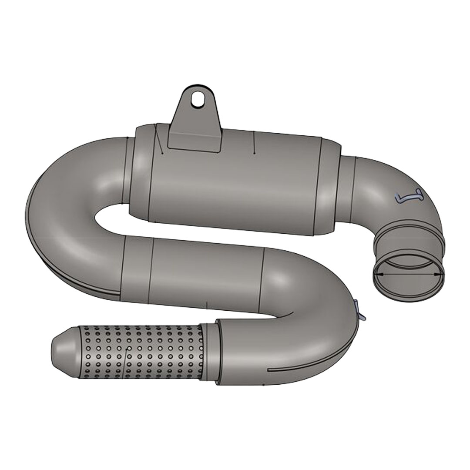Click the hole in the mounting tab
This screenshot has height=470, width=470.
coord(199,98)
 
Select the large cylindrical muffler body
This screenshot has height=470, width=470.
coord(235,183)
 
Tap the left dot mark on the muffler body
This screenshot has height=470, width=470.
coord(161,153)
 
